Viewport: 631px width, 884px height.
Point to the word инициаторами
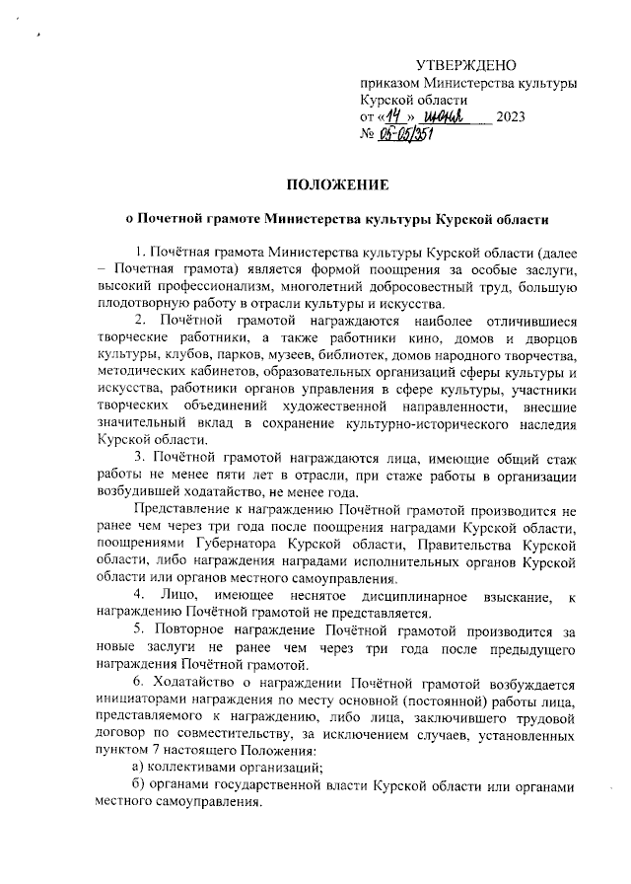coord(145,700)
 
